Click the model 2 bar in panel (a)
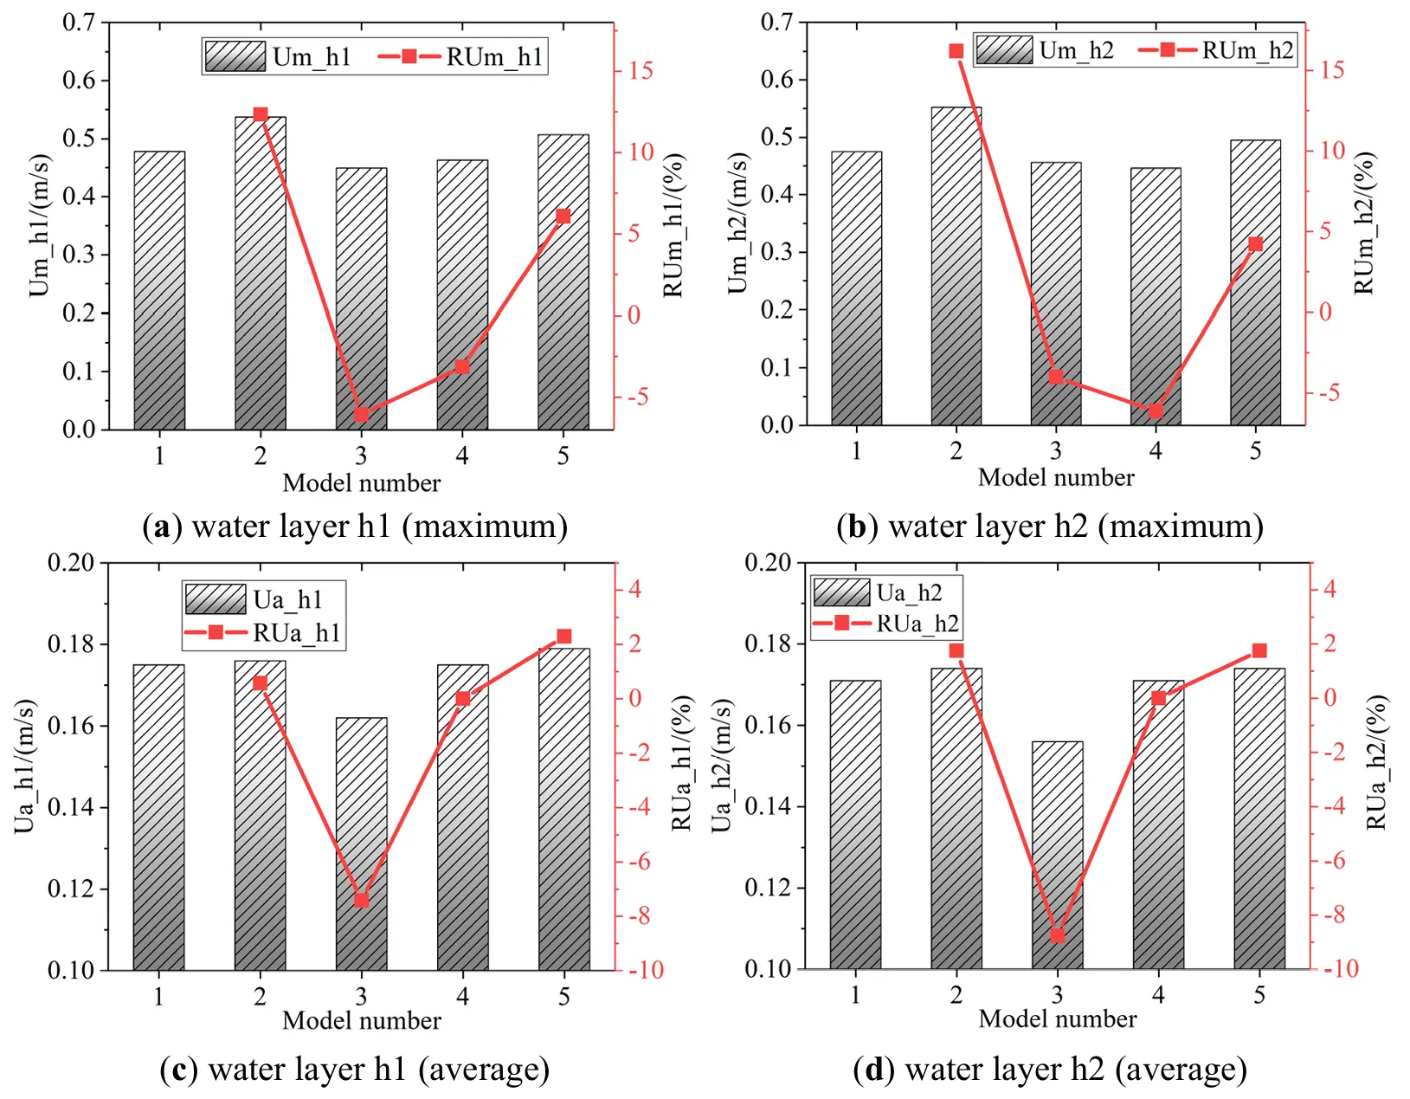(x=261, y=277)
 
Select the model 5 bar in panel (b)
(x=1255, y=286)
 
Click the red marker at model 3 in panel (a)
(x=362, y=415)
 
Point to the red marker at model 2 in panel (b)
(x=956, y=51)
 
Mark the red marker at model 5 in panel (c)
(x=564, y=637)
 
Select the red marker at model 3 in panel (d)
(x=1057, y=935)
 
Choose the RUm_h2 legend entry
(x=1217, y=50)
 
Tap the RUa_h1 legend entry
(x=263, y=633)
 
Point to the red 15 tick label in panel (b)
(x=1334, y=69)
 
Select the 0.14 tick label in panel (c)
(x=72, y=807)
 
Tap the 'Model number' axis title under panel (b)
(x=1056, y=477)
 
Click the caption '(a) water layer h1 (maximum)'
(x=355, y=527)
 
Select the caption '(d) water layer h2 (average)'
(x=1050, y=1070)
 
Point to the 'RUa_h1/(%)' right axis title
(x=683, y=762)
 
